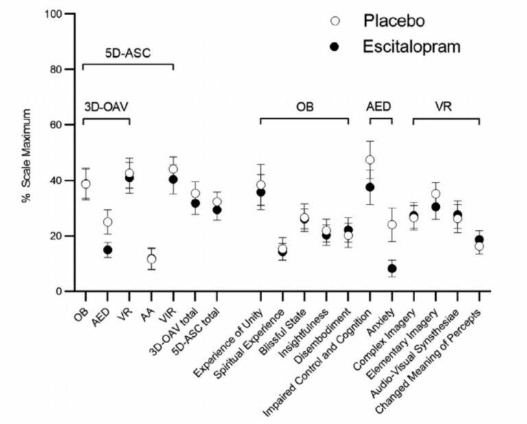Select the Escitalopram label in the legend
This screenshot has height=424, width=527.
pos(412,47)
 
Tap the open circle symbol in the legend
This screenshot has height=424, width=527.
pos(336,21)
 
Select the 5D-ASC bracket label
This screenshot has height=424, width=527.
pos(128,52)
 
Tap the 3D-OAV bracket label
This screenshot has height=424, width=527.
pos(106,107)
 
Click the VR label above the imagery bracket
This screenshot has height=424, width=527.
pos(445,107)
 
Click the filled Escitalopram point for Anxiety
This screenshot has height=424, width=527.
pos(392,268)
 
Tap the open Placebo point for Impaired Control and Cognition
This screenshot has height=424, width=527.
pos(370,160)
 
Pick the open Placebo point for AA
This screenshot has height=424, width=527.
pos(151,259)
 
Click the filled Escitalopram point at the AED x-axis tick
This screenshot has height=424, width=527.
pos(108,250)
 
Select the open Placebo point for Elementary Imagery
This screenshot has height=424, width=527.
pos(436,194)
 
